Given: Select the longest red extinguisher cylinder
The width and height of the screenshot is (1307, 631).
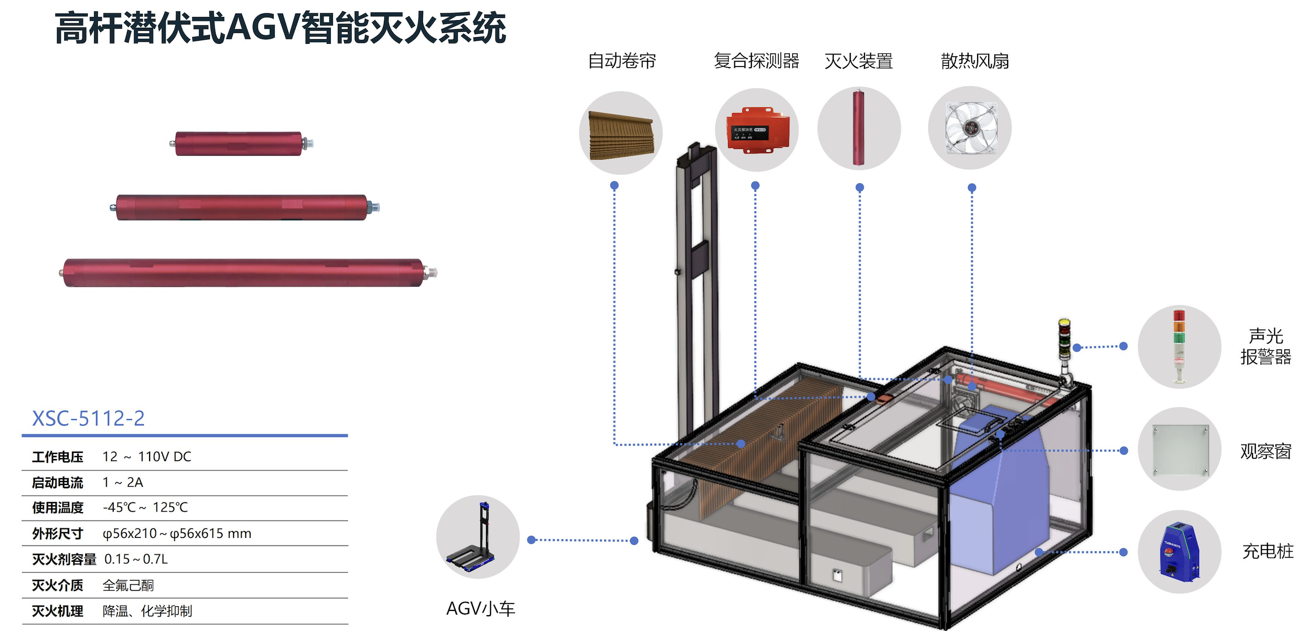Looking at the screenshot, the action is point(247,273).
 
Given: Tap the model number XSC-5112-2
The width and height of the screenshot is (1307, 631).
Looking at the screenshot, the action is point(88,419).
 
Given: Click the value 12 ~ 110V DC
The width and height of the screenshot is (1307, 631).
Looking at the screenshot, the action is point(147,457).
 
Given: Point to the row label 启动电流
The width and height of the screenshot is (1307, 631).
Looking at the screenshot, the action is point(58,482).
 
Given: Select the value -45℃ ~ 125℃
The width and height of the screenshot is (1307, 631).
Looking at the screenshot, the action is point(145,507).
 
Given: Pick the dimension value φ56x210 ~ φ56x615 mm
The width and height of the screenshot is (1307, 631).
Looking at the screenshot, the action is point(177,534).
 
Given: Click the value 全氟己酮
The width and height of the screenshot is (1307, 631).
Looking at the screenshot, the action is point(128,586).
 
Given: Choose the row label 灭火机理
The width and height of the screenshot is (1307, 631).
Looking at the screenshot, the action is point(58,611).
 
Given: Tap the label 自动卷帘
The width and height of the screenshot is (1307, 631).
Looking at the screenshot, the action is point(622,61).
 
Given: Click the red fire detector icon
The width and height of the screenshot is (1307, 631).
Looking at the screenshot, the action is point(758,130).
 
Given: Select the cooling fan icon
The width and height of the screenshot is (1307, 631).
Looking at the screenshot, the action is point(971,128).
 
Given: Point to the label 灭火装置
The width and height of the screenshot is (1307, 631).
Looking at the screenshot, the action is point(859,61).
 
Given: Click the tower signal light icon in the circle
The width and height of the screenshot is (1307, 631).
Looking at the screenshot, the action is point(1180,347).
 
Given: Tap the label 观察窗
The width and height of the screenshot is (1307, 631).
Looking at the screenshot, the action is point(1266,451).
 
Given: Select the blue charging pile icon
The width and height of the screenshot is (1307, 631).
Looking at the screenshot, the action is point(1180,552).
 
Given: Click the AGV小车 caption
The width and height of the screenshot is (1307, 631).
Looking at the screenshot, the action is point(481,609).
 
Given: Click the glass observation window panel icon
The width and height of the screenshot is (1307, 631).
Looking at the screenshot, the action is point(1180,450).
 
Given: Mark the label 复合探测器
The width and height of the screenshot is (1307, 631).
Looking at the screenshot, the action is point(757,61).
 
